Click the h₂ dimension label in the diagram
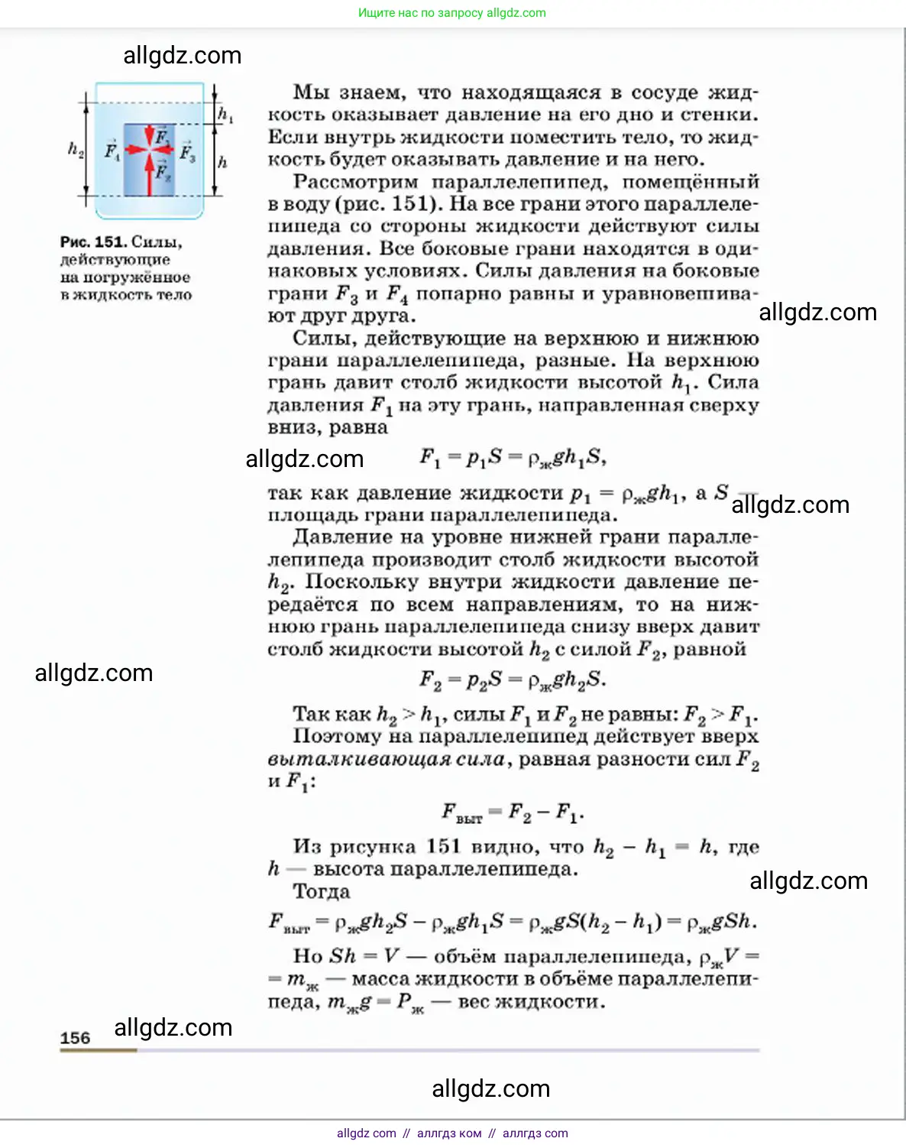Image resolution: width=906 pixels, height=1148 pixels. coord(75,149)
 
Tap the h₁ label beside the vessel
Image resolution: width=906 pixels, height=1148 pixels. coord(225,115)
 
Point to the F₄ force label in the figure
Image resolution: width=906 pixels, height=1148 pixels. coord(112,151)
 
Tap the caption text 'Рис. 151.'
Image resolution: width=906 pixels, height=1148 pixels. coord(92,242)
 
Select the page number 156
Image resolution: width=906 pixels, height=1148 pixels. coord(75,1038)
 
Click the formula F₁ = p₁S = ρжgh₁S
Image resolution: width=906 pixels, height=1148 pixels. coord(513,458)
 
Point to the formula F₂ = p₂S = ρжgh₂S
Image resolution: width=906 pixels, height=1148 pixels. coord(513,679)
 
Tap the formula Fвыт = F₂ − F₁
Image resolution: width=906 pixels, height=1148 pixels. coord(513,812)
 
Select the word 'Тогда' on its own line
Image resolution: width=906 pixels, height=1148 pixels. coord(322,892)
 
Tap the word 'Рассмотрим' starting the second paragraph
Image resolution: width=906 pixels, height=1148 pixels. coord(356,182)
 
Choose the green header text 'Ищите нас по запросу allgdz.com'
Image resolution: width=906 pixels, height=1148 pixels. coord(452,13)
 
